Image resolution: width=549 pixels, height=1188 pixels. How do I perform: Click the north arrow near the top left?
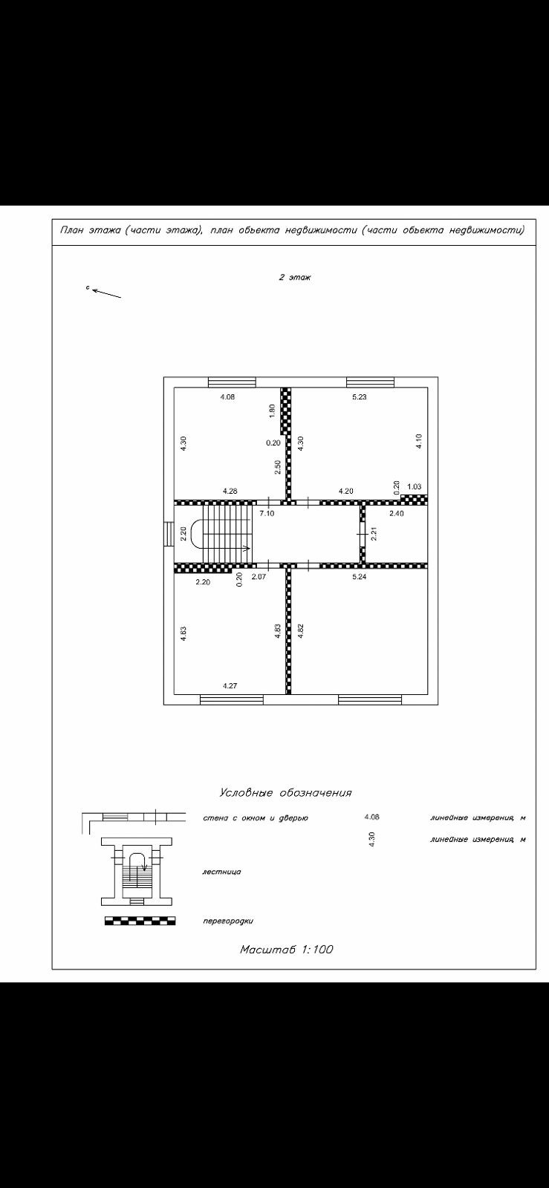[x=106, y=293]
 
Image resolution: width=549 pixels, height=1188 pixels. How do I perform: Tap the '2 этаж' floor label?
[x=295, y=277]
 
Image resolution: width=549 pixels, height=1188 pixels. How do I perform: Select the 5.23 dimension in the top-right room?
[x=360, y=397]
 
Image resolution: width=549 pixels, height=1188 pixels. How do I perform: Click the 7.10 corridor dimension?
[x=266, y=513]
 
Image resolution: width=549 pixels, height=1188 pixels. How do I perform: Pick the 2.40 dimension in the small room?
[x=397, y=513]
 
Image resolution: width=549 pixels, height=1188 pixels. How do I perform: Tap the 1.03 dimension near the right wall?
[x=414, y=487]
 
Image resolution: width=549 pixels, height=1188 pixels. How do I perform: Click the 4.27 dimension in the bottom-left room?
[x=230, y=686]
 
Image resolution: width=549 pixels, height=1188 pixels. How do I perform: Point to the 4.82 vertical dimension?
[x=300, y=631]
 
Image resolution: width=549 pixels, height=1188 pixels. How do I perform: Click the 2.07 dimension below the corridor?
[x=259, y=576]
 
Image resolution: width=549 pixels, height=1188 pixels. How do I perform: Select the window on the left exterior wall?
[x=169, y=532]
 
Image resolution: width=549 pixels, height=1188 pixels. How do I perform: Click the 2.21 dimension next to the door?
[x=374, y=532]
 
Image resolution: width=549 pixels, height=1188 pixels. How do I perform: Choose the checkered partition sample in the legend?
[x=140, y=921]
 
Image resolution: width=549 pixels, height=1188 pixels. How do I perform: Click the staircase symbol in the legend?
[x=137, y=871]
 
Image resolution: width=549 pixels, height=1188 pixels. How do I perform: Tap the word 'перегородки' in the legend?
[x=228, y=921]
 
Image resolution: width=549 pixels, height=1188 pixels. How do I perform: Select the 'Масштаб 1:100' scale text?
[x=286, y=950]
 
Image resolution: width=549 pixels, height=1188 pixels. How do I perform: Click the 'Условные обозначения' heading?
[x=285, y=793]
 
